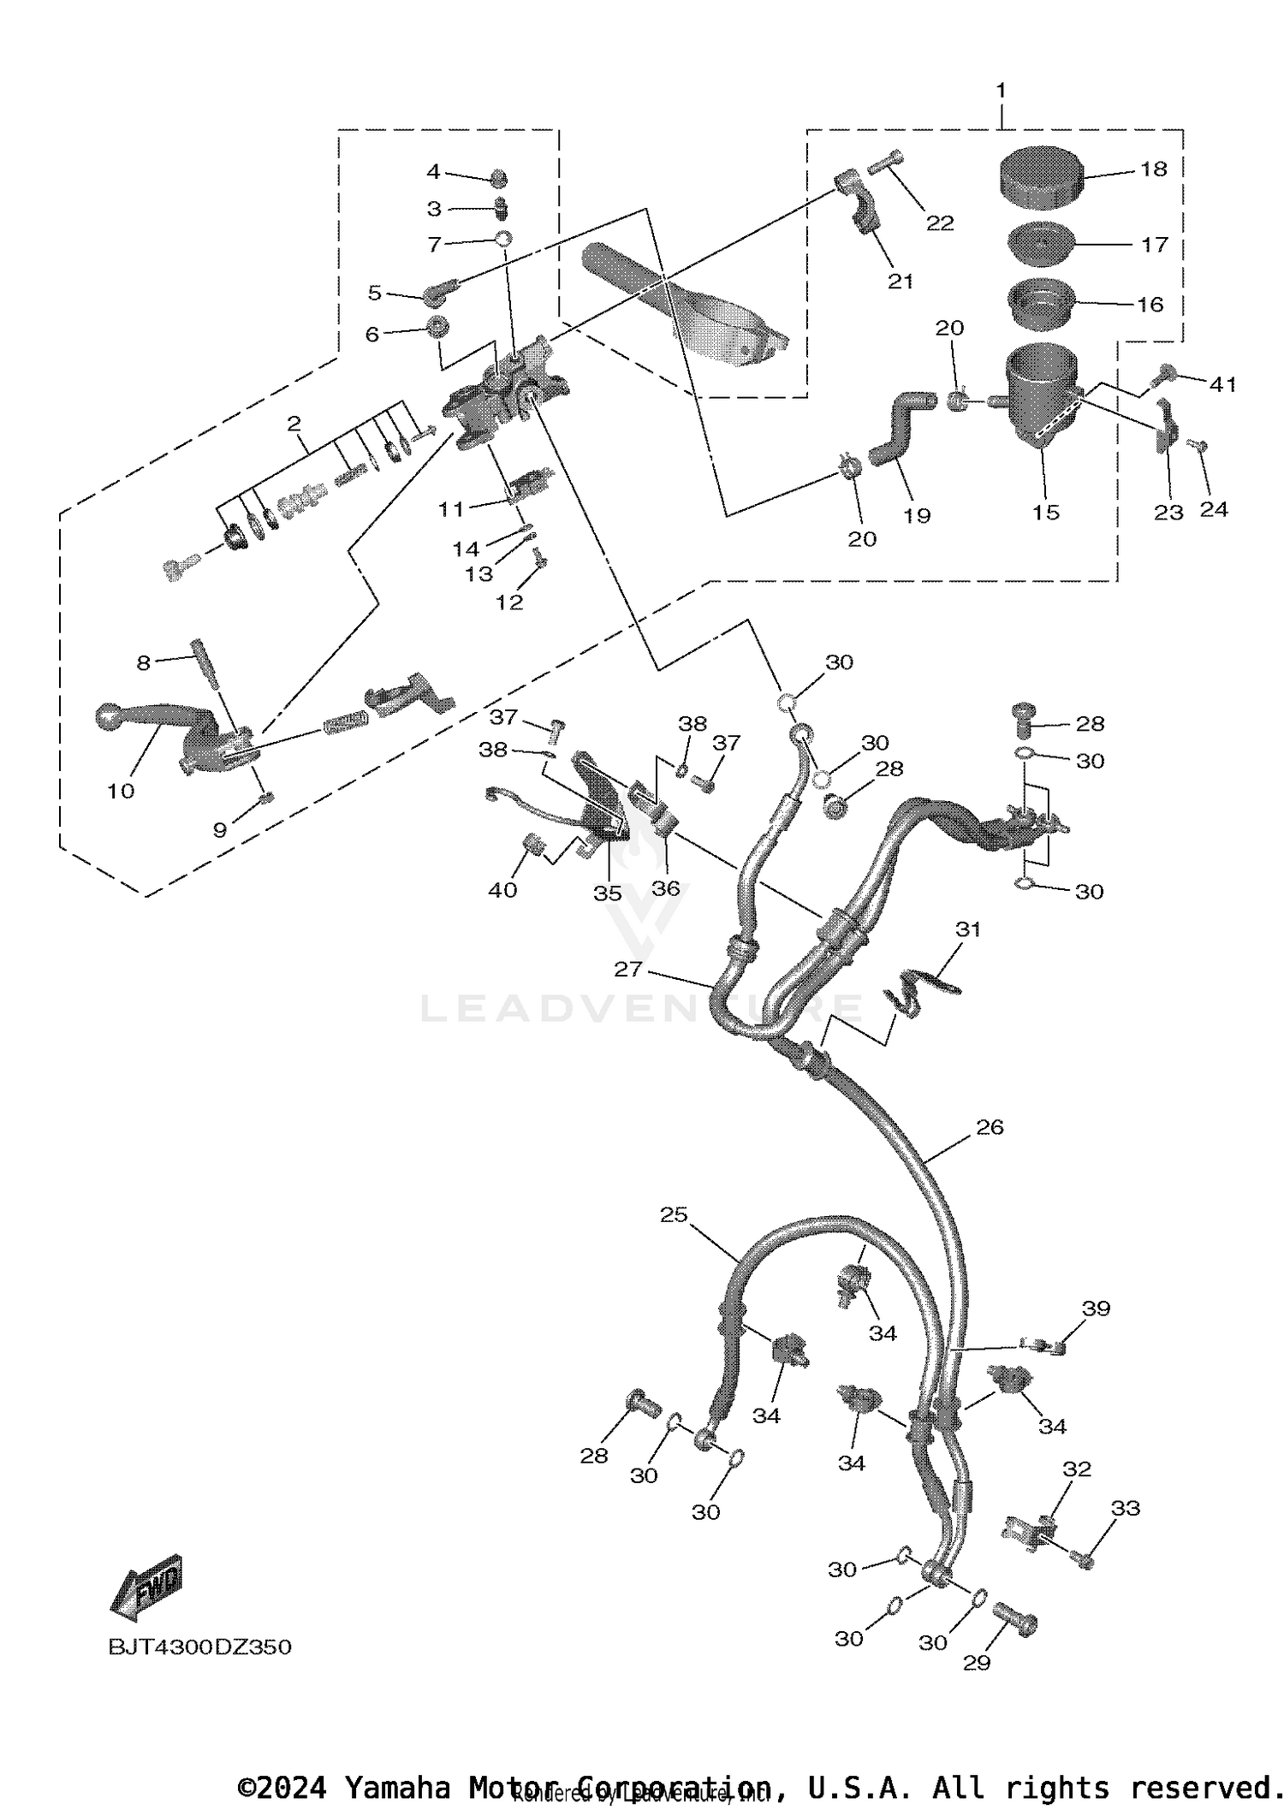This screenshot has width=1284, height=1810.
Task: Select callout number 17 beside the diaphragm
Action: [x=1154, y=245]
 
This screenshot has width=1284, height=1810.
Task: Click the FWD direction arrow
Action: [x=147, y=1588]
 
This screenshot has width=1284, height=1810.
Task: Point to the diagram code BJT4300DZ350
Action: [x=199, y=1647]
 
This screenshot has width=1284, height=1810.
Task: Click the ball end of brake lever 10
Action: [x=111, y=716]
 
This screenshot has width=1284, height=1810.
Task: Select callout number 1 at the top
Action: [x=1001, y=91]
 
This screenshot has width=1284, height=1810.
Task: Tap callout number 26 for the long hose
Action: [x=990, y=1127]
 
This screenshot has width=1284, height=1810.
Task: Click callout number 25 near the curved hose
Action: [x=674, y=1214]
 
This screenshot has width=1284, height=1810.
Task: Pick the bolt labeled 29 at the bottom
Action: [x=1016, y=1621]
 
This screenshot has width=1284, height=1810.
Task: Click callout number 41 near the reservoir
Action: [x=1222, y=384]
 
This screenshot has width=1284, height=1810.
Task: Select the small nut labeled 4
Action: [x=498, y=179]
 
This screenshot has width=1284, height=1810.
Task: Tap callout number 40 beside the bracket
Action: [x=502, y=890]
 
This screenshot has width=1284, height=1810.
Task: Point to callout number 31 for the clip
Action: [x=967, y=929]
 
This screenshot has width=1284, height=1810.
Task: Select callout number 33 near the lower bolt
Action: [x=1125, y=1508]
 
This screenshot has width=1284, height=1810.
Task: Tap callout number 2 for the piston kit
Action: [x=294, y=423]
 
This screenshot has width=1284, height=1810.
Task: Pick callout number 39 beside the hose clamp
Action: [x=1096, y=1309]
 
